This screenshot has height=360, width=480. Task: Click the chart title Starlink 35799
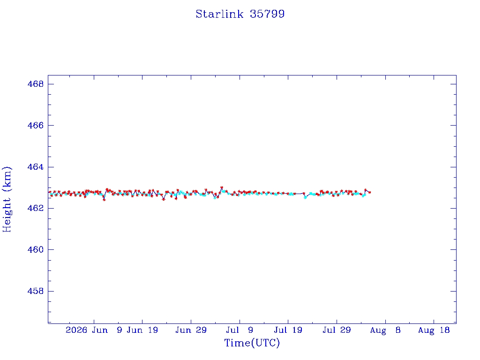240,14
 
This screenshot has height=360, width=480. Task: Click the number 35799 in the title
267,14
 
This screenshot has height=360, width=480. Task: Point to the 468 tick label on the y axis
36,84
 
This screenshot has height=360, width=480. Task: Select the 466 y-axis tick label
36,125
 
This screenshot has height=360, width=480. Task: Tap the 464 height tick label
36,167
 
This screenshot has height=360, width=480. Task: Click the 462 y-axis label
36,208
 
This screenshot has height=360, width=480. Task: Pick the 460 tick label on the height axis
36,249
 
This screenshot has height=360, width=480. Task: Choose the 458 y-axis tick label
36,291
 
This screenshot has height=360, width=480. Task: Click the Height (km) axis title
7,199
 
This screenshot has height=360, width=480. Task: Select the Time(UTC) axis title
252,343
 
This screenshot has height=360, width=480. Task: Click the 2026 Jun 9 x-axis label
94,330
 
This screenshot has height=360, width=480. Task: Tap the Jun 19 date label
142,330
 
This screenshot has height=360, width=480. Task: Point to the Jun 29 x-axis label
191,330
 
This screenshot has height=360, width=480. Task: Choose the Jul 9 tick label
240,330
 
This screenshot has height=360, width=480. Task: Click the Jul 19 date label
288,330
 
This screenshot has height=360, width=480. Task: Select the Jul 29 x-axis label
337,330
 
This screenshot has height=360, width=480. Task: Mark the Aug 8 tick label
385,330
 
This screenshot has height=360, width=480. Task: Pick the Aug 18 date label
434,330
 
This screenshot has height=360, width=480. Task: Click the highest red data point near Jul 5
222,187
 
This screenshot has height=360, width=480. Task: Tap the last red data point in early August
370,192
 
